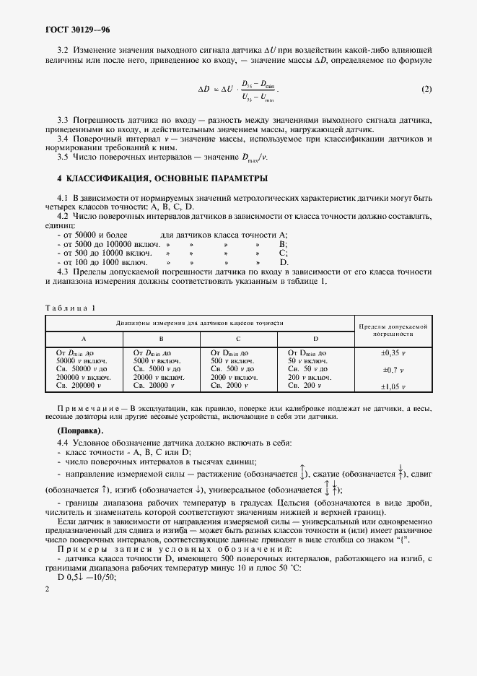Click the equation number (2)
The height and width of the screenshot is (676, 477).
[426, 90]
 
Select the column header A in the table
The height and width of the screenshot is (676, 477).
[84, 338]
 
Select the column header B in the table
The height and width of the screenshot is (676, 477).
[161, 338]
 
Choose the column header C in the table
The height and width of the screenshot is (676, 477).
[238, 338]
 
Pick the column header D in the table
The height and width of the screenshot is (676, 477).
[315, 338]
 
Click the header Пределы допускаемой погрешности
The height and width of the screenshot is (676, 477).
[393, 331]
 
